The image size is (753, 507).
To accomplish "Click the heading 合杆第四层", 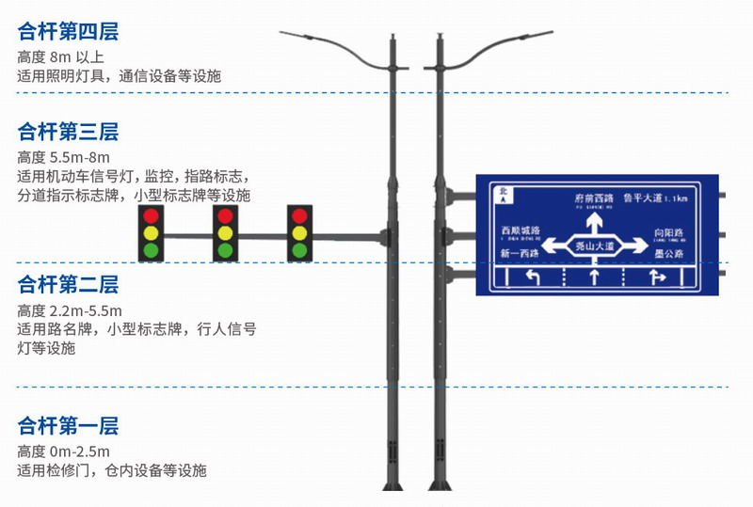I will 69,32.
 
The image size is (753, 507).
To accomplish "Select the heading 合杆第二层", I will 69,284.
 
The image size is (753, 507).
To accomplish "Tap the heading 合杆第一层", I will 69,425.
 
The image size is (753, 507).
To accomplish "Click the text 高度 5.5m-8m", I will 64,156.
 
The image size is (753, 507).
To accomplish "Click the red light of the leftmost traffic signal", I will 151,215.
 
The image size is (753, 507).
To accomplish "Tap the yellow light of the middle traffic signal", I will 225,232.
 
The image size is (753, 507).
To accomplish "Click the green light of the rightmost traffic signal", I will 299,250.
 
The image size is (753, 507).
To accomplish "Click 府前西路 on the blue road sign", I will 594,198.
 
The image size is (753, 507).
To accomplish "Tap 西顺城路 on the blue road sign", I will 521,231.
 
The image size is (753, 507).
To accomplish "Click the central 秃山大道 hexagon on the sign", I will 595,245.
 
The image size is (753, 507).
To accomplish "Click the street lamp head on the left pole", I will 299,36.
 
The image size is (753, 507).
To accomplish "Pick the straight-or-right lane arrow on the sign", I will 658,277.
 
